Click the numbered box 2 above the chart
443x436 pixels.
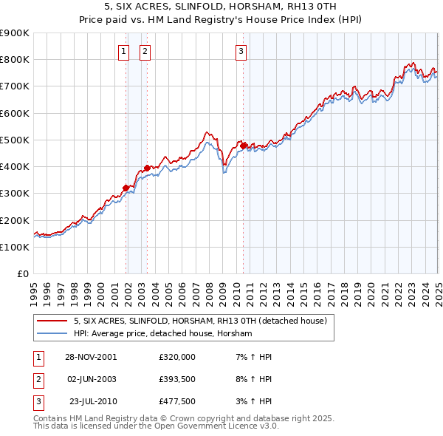(x=144, y=51)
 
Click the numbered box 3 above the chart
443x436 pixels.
(x=241, y=51)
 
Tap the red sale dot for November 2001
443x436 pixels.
(x=126, y=188)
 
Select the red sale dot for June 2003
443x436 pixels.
(x=147, y=168)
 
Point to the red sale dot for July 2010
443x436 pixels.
(x=243, y=146)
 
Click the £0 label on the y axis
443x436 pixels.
(x=22, y=273)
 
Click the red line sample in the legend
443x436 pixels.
(x=52, y=321)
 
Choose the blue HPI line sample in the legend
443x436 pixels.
(x=52, y=334)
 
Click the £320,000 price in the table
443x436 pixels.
(x=176, y=356)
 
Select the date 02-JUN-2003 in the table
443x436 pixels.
(x=92, y=379)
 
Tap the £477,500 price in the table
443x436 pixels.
(x=176, y=402)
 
